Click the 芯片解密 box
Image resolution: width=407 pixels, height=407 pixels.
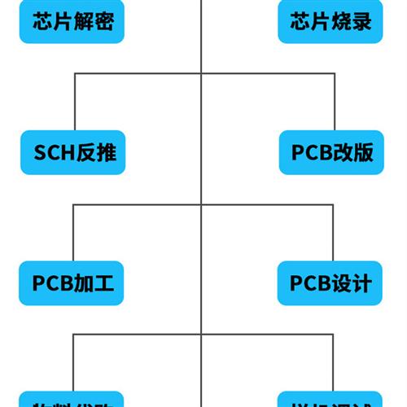pos(72,22)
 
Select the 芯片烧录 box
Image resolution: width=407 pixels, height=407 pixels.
pos(330,22)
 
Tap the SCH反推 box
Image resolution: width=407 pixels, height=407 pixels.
pos(73,152)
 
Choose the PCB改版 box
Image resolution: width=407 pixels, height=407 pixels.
pos(331,152)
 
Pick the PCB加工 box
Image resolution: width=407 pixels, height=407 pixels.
pos(72,282)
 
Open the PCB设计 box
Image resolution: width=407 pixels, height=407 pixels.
pos(330,282)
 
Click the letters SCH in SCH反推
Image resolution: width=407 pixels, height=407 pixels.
pos(54,152)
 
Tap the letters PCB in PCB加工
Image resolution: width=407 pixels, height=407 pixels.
pos(52,283)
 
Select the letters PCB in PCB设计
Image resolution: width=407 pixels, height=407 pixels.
pos(310,283)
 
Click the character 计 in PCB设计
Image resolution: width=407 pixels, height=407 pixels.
pos(361,283)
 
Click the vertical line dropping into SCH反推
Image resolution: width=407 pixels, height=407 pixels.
pos(75,102)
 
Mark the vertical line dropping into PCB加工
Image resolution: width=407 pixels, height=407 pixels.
pos(75,232)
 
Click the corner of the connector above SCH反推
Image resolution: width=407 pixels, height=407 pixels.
pos(75,74)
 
